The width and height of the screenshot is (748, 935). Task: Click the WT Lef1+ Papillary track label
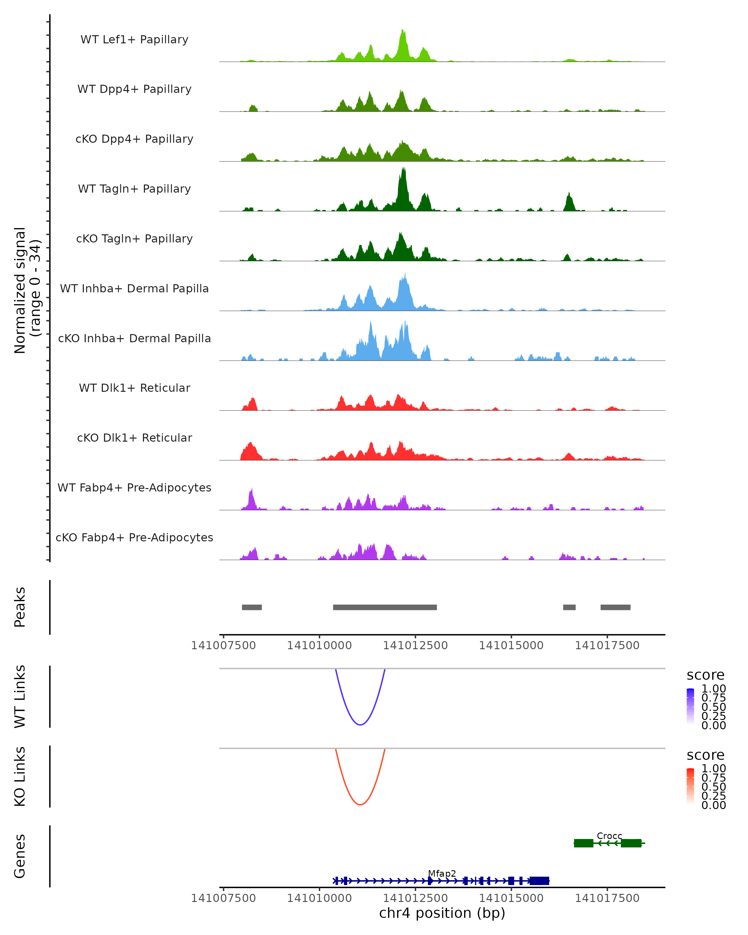tap(134, 40)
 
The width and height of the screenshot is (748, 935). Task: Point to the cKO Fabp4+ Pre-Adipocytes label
tap(134, 537)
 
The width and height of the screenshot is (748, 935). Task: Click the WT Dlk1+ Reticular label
tap(134, 388)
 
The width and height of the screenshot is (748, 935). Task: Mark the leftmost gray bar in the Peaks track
tap(252, 607)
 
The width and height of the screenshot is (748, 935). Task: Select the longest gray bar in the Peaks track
tap(385, 607)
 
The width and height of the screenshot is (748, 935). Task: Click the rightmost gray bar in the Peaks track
tap(615, 607)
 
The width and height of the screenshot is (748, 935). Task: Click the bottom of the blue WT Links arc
tap(360, 725)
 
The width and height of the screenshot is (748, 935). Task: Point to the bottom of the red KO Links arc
tap(360, 804)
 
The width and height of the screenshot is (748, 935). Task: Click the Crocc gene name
tap(609, 836)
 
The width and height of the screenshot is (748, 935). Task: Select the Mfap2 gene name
tap(442, 873)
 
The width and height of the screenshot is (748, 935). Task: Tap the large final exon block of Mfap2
tap(539, 881)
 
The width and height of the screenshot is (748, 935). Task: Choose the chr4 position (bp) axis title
tap(442, 913)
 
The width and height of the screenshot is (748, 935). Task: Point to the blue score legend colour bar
tap(690, 707)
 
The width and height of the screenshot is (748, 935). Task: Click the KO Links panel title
tap(20, 776)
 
